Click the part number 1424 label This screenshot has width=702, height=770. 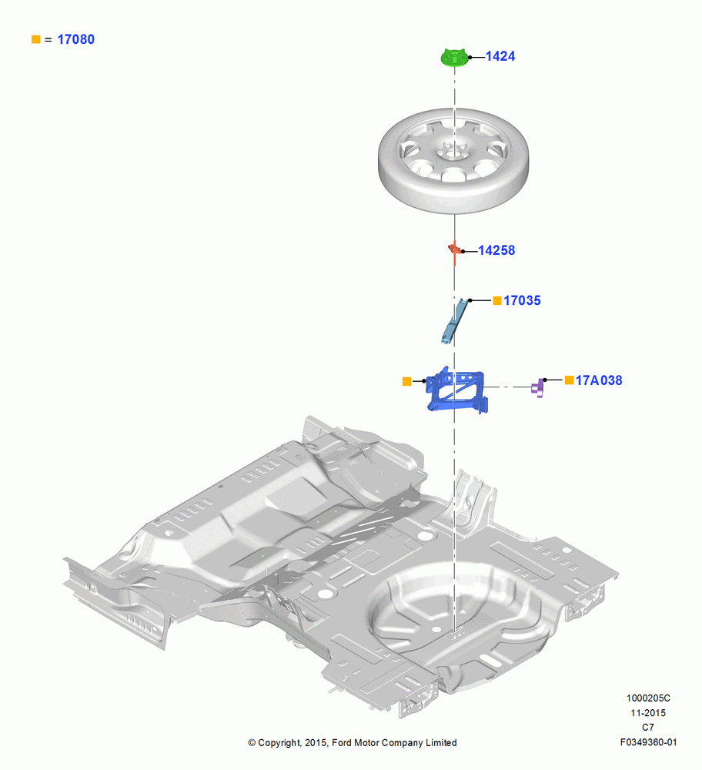pyautogui.click(x=500, y=56)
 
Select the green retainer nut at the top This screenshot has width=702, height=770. pyautogui.click(x=454, y=58)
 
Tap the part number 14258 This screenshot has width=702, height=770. pyautogui.click(x=496, y=250)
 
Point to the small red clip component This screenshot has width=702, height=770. pyautogui.click(x=455, y=250)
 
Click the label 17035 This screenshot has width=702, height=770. pyautogui.click(x=522, y=300)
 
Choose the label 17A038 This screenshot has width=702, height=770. pyautogui.click(x=599, y=380)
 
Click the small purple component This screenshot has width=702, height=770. pyautogui.click(x=538, y=388)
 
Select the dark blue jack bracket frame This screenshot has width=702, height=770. pyautogui.click(x=456, y=390)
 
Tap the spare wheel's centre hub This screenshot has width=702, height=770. pyautogui.click(x=453, y=150)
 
